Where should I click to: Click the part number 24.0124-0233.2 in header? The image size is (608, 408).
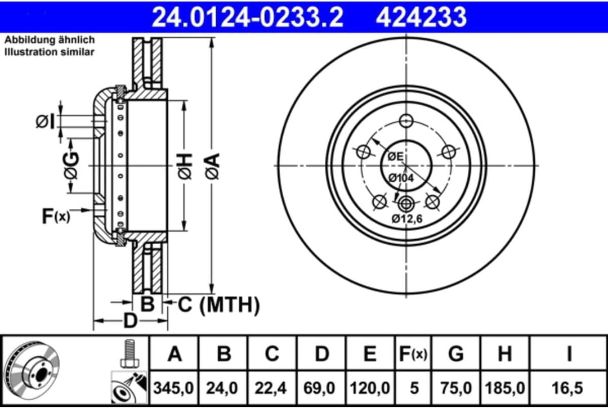pos(248,17)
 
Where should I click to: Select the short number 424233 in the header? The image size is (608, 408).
pos(421,17)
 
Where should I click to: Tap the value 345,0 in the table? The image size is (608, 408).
pos(175,388)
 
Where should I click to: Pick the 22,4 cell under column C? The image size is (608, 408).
pos(272,388)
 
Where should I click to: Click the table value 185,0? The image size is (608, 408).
pos(504,388)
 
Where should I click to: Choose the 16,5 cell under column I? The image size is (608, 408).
pos(569,388)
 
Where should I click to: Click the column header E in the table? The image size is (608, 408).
pos(369,354)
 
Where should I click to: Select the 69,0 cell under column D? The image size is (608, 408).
pos(321,388)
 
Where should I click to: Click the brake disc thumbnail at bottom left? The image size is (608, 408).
pos(33,372)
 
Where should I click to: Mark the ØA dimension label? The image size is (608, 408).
pos(212,167)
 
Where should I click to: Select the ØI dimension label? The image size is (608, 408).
pos(47,120)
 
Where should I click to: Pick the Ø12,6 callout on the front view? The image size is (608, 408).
pos(407,218)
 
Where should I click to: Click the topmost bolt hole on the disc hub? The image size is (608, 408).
pos(406,120)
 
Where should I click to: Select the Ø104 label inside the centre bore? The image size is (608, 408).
pos(401,177)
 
